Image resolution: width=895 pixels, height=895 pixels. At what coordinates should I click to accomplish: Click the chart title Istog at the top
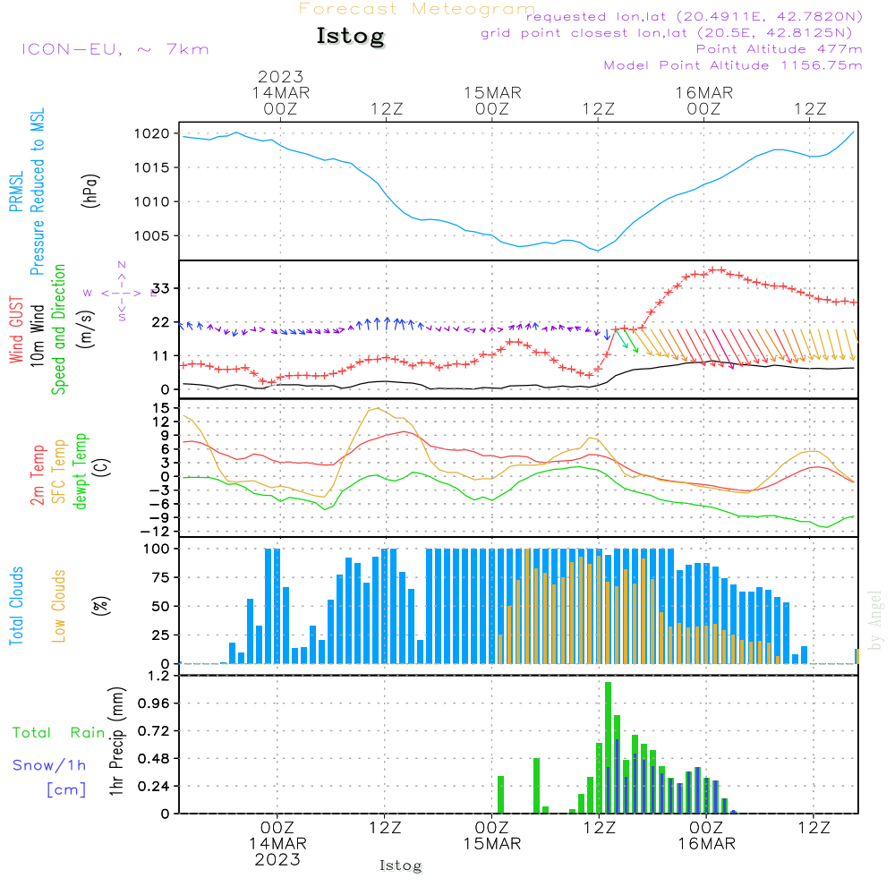pyautogui.click(x=350, y=37)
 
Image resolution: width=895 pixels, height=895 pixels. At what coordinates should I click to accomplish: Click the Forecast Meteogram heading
pyautogui.click(x=417, y=9)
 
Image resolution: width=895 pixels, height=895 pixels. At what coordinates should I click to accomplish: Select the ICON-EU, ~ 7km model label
pyautogui.click(x=115, y=48)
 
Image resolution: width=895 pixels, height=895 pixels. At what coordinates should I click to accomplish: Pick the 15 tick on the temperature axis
pyautogui.click(x=162, y=407)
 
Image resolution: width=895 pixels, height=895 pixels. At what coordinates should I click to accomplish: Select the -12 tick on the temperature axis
pyautogui.click(x=158, y=532)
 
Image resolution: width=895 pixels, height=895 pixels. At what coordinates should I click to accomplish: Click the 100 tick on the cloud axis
pyautogui.click(x=158, y=549)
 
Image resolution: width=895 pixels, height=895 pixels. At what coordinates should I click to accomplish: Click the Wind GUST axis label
pyautogui.click(x=16, y=332)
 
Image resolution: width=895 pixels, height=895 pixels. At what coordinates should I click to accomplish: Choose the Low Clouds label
pyautogui.click(x=59, y=606)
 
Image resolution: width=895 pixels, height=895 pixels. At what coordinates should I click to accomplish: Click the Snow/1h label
pyautogui.click(x=50, y=765)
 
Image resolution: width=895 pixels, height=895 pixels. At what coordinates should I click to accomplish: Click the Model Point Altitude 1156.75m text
pyautogui.click(x=733, y=65)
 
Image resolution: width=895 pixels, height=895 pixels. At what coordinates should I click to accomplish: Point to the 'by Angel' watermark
pyautogui.click(x=876, y=620)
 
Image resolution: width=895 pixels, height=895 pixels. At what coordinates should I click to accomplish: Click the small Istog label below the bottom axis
pyautogui.click(x=400, y=865)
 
